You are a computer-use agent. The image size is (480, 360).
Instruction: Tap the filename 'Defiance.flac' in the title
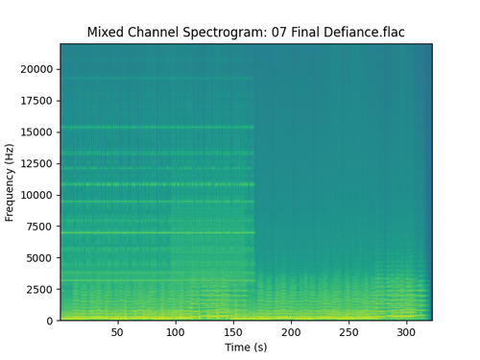pyautogui.click(x=364, y=32)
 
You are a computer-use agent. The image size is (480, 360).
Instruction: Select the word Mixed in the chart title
pyautogui.click(x=106, y=32)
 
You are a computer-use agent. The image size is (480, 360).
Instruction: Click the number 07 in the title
pyautogui.click(x=279, y=32)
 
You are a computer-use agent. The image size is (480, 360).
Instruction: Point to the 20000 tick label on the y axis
pyautogui.click(x=36, y=69)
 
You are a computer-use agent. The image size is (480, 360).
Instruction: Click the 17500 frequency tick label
pyautogui.click(x=36, y=101)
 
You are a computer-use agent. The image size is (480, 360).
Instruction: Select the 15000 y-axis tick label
pyautogui.click(x=36, y=132)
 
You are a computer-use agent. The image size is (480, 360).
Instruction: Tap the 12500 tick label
pyautogui.click(x=36, y=163)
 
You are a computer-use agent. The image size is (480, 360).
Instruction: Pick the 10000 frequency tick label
pyautogui.click(x=36, y=195)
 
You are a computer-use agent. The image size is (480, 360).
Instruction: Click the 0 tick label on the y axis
pyautogui.click(x=50, y=321)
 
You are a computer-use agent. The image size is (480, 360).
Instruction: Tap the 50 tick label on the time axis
pyautogui.click(x=117, y=332)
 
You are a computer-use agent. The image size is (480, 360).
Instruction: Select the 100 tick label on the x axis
pyautogui.click(x=176, y=332)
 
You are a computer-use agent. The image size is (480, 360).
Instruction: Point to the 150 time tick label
pyautogui.click(x=233, y=332)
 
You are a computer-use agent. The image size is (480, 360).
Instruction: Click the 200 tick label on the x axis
pyautogui.click(x=291, y=332)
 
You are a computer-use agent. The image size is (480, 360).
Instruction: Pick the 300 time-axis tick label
pyautogui.click(x=406, y=332)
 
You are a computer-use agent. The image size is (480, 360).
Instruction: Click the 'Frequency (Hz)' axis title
pyautogui.click(x=10, y=182)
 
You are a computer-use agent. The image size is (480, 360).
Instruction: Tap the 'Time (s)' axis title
pyautogui.click(x=246, y=348)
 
